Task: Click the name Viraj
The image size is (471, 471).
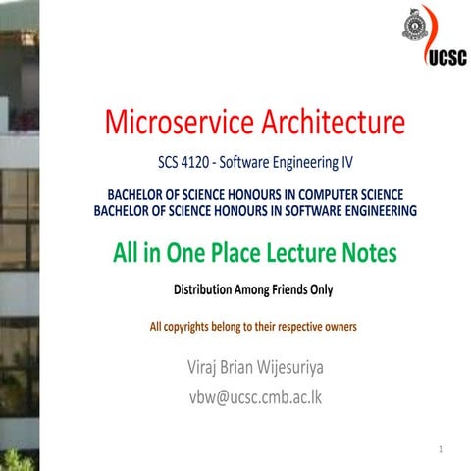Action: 206,369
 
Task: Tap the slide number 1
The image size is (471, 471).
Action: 443,450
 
